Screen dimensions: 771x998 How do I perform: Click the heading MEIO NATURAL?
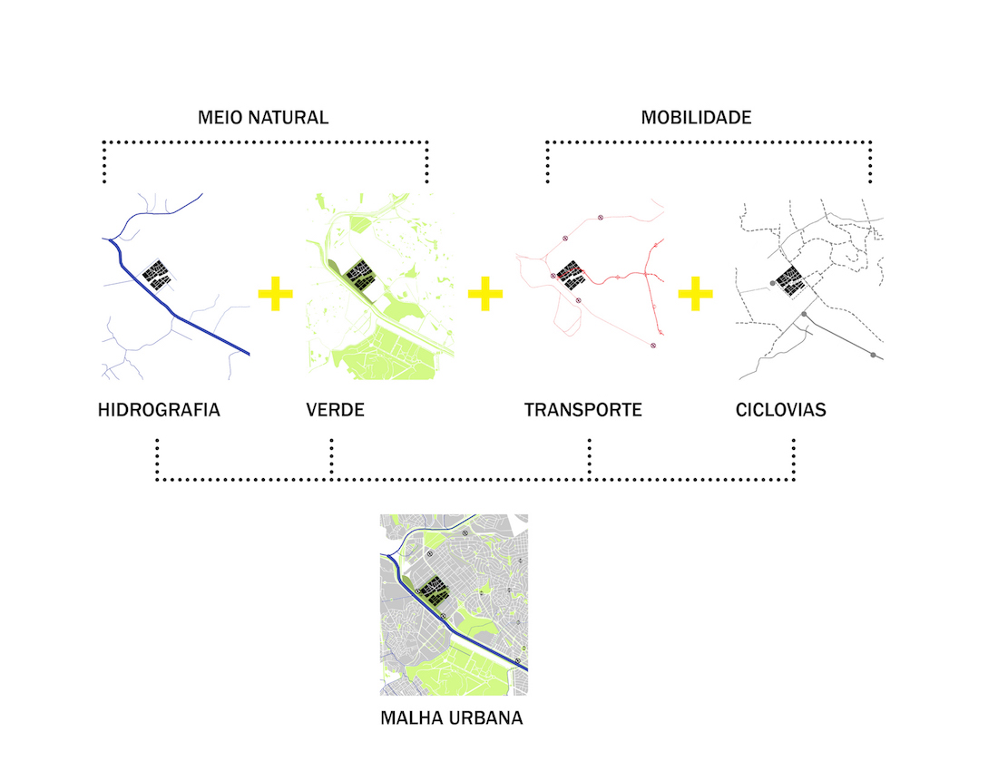[263, 118]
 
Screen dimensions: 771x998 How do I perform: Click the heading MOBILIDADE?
[696, 118]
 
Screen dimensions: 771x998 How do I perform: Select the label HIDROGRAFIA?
[159, 410]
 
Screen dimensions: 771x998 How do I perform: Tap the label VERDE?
[336, 410]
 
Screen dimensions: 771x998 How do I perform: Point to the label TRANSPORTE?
[582, 410]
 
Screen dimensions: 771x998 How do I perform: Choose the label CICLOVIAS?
[781, 410]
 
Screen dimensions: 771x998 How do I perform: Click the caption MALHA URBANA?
[452, 718]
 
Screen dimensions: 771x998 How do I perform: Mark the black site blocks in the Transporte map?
[572, 274]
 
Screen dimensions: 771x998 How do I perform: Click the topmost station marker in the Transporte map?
[600, 217]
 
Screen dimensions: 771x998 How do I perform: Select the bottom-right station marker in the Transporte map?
[652, 346]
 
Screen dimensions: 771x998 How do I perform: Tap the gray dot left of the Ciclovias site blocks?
[772, 284]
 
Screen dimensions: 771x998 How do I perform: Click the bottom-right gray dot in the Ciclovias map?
[873, 355]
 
